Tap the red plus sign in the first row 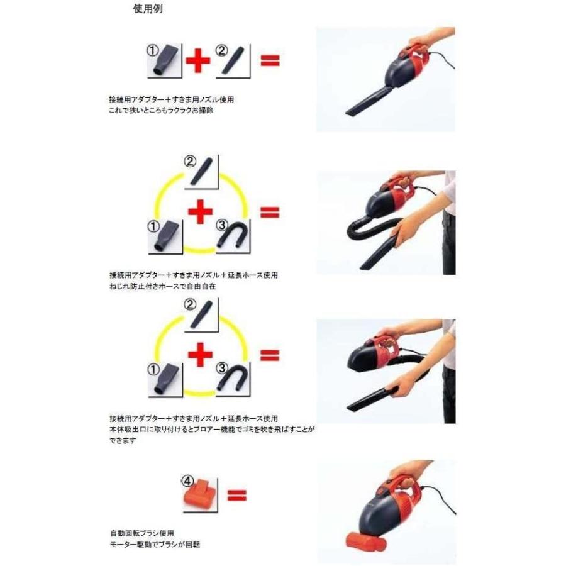pyautogui.click(x=197, y=60)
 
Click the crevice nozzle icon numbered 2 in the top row pyautogui.click(x=235, y=62)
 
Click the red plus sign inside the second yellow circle pyautogui.click(x=201, y=213)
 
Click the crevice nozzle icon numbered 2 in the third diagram pyautogui.click(x=203, y=314)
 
